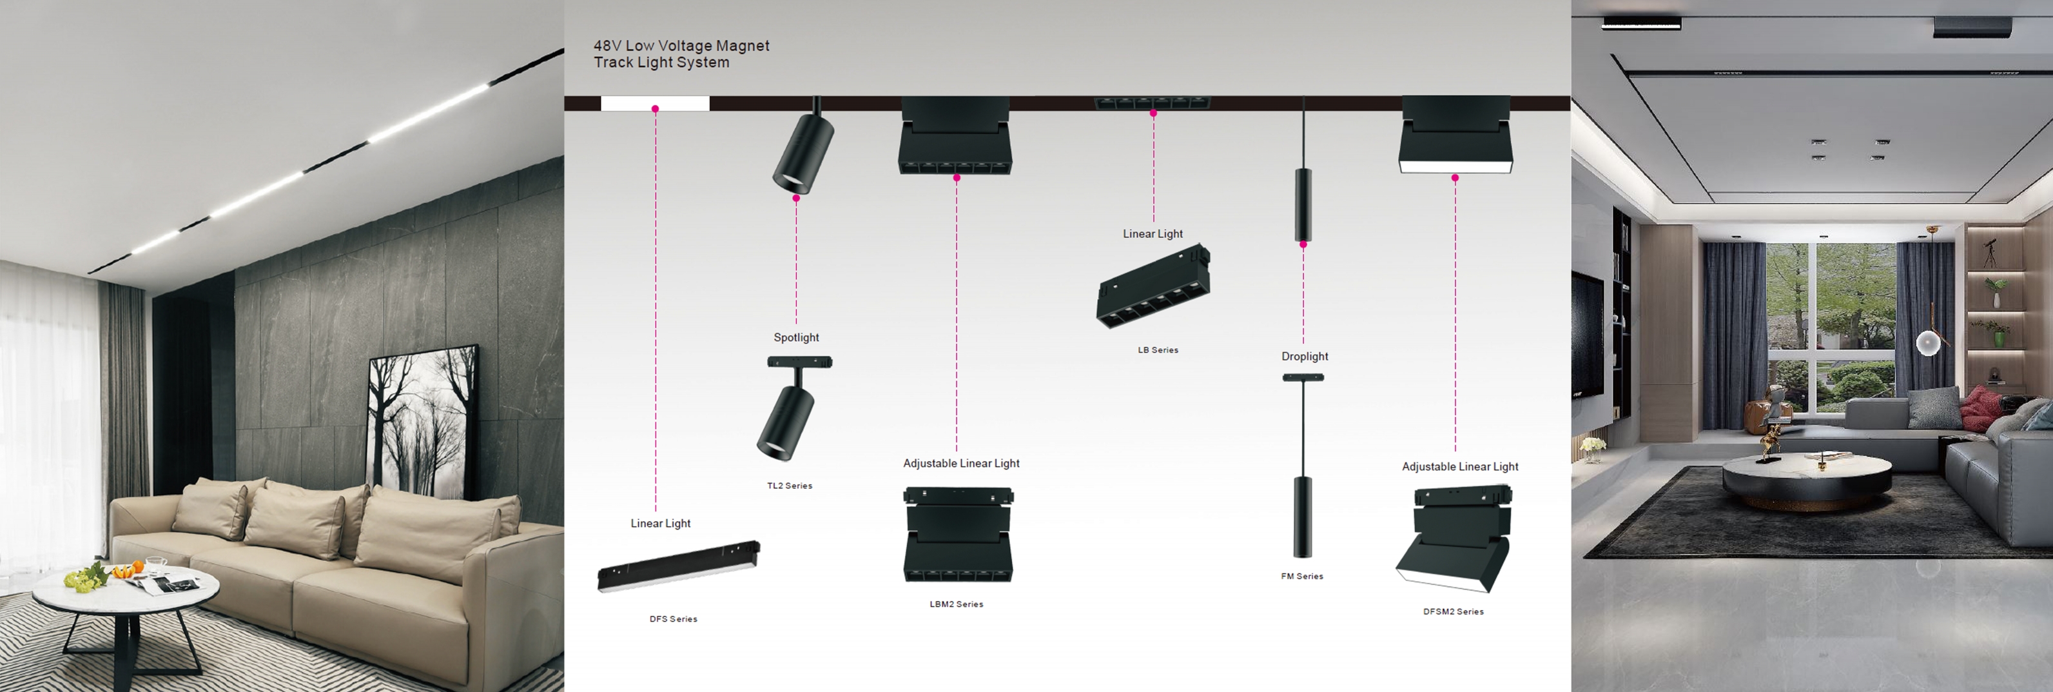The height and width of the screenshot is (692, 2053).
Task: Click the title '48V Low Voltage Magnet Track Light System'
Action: [x=681, y=54]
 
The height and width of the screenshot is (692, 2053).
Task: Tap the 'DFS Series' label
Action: [x=673, y=618]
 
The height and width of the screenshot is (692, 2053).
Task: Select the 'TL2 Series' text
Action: [x=789, y=486]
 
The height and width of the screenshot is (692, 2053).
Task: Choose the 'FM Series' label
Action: [x=1301, y=577]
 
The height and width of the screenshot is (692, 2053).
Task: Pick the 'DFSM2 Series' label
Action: [x=1453, y=611]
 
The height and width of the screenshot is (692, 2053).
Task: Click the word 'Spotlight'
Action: [x=795, y=337]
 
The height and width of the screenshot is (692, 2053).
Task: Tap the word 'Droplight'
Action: [x=1304, y=357]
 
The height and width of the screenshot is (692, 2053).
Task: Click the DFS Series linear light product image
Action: [x=678, y=567]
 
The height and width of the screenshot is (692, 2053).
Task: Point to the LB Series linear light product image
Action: [x=1153, y=286]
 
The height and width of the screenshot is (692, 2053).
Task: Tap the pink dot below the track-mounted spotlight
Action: [x=795, y=198]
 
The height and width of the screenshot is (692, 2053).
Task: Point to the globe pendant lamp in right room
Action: [x=1928, y=344]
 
